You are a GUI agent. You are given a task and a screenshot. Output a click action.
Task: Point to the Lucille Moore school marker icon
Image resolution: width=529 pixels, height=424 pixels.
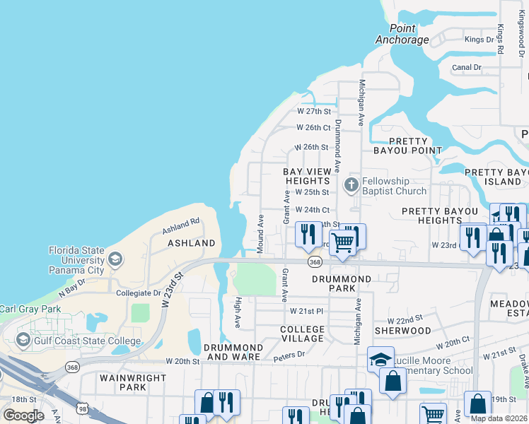point(380,359)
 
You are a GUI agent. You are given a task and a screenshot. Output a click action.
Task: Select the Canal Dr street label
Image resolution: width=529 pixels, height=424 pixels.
point(467,68)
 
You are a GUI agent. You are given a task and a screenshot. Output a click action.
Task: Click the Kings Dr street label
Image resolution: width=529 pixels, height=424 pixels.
point(479,40)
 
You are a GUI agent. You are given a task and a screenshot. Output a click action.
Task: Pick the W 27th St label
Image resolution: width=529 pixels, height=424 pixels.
point(314,112)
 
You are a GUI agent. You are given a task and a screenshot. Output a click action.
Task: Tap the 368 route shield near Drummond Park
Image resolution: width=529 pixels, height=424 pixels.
point(315,262)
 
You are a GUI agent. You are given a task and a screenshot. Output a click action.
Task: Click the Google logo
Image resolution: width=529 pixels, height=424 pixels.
point(23,416)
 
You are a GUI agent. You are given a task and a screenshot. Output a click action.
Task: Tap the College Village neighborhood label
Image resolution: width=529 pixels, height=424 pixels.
point(302,334)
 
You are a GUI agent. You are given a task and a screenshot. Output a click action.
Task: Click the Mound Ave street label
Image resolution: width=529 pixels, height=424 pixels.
point(261,230)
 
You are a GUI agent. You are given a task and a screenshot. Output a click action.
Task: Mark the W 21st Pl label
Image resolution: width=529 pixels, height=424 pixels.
point(306,311)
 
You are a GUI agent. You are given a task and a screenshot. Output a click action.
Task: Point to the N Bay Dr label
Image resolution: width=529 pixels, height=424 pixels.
point(71,286)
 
